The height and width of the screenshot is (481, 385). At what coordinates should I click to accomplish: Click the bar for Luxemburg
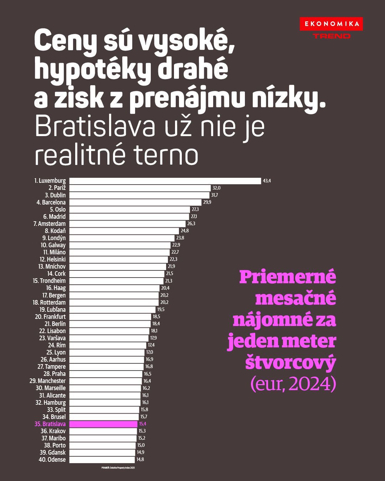point(165,181)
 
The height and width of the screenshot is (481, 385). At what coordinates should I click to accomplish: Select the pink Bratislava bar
point(103,424)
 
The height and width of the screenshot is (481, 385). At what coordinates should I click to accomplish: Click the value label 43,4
point(267,181)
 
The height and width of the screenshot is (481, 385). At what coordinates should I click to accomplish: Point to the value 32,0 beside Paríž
point(216,188)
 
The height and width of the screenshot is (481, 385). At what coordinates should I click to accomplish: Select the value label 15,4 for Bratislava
point(143,424)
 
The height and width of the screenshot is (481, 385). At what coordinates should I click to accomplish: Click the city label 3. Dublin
point(55,195)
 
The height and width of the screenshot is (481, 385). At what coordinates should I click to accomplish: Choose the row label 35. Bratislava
point(50,424)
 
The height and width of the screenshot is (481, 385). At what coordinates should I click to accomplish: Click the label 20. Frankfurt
point(50,317)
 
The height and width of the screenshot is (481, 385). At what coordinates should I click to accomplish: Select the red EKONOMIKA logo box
point(331,24)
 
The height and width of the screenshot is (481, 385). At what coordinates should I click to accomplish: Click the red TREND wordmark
point(332,36)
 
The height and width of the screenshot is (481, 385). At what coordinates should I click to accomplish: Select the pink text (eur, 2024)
point(293,384)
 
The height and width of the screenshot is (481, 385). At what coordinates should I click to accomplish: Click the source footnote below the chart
point(118,467)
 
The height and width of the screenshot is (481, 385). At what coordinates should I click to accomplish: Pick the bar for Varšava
point(109,338)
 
